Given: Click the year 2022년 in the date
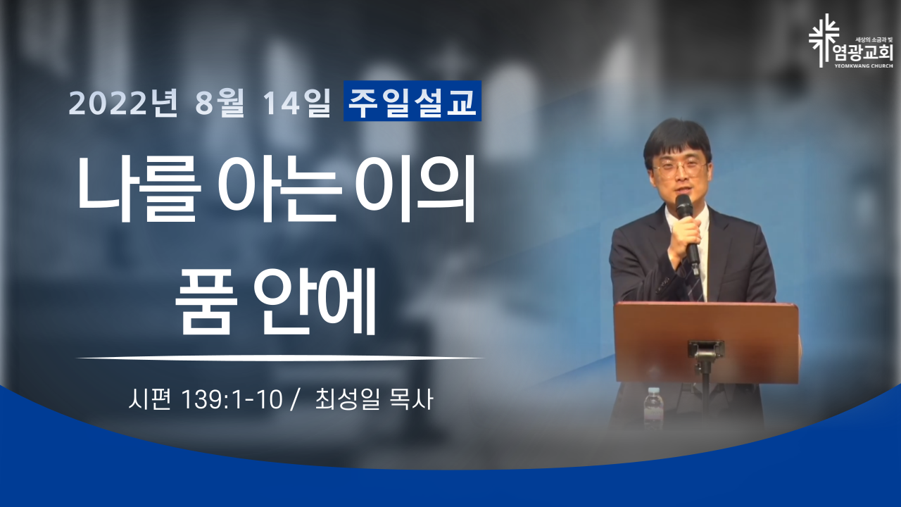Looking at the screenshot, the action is [x=123, y=103].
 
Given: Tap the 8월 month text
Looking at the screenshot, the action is [x=220, y=103].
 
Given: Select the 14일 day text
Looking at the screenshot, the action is [x=296, y=103].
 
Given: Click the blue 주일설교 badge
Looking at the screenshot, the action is [x=412, y=101].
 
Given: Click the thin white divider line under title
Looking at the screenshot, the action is [x=280, y=358].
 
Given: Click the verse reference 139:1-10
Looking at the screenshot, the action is [x=232, y=400].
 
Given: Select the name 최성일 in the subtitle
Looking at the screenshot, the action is [x=348, y=399].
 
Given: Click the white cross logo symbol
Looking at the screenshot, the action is [x=824, y=40].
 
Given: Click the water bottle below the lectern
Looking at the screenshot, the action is [x=653, y=407].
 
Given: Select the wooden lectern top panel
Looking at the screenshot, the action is [x=706, y=343].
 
